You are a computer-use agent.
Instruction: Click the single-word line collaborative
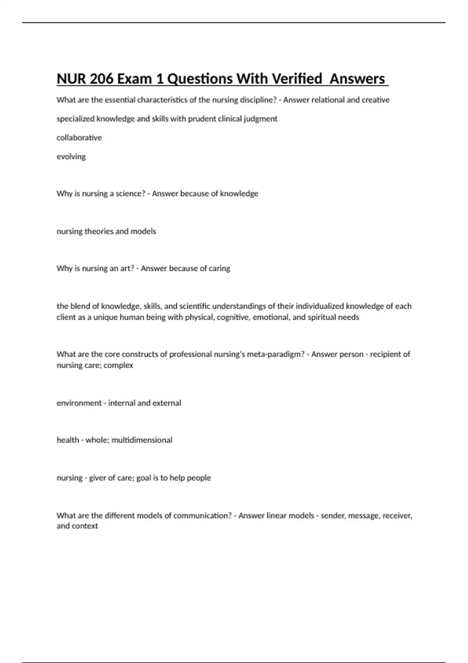click(79, 138)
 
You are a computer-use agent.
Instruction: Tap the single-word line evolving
click(71, 157)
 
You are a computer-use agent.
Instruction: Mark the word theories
click(99, 231)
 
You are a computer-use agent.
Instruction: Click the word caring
click(220, 268)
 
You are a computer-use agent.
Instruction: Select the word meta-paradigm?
click(276, 354)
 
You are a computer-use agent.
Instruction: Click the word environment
click(79, 403)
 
